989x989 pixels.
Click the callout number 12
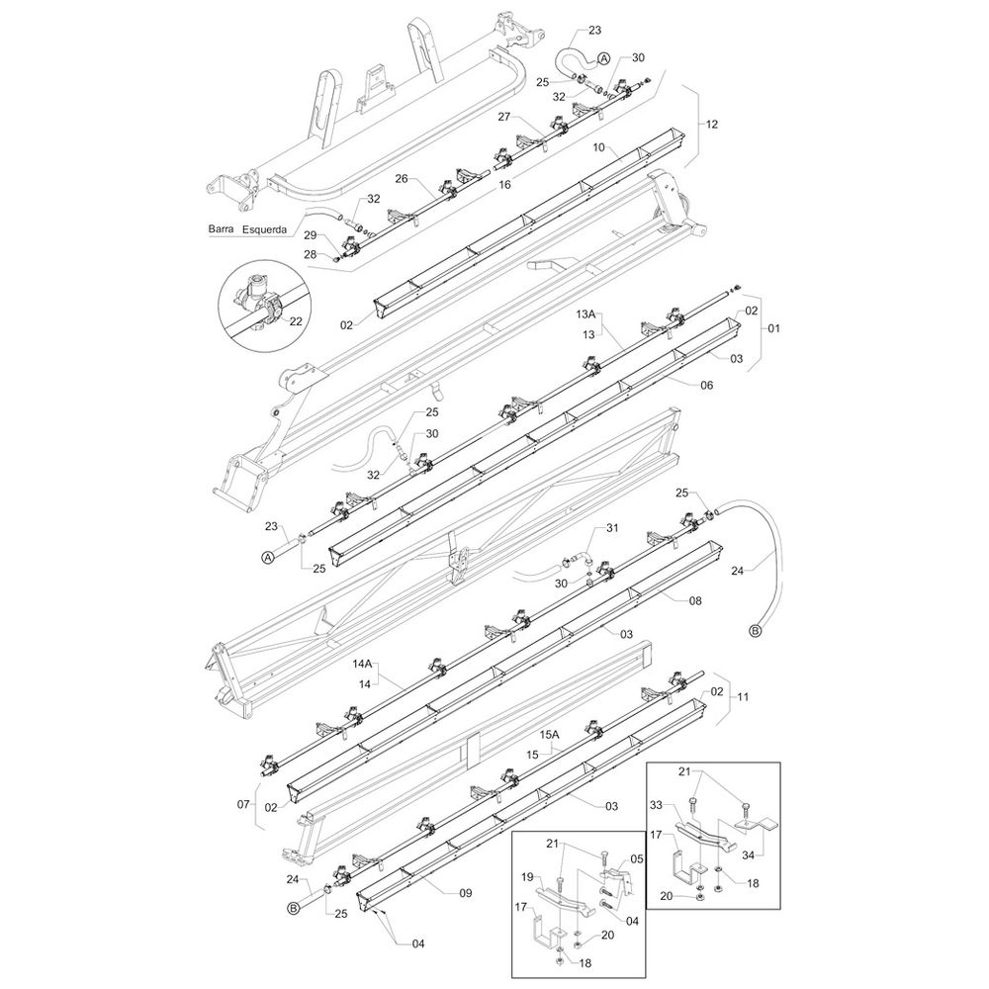click(711, 125)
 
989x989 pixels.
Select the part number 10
click(599, 147)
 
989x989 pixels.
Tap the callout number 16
click(504, 185)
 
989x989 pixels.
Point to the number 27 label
click(503, 116)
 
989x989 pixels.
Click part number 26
click(402, 178)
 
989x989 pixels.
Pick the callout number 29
click(311, 235)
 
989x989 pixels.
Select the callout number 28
click(311, 254)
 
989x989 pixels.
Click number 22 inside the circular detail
click(296, 321)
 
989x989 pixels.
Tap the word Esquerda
click(265, 229)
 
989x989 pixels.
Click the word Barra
click(221, 229)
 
